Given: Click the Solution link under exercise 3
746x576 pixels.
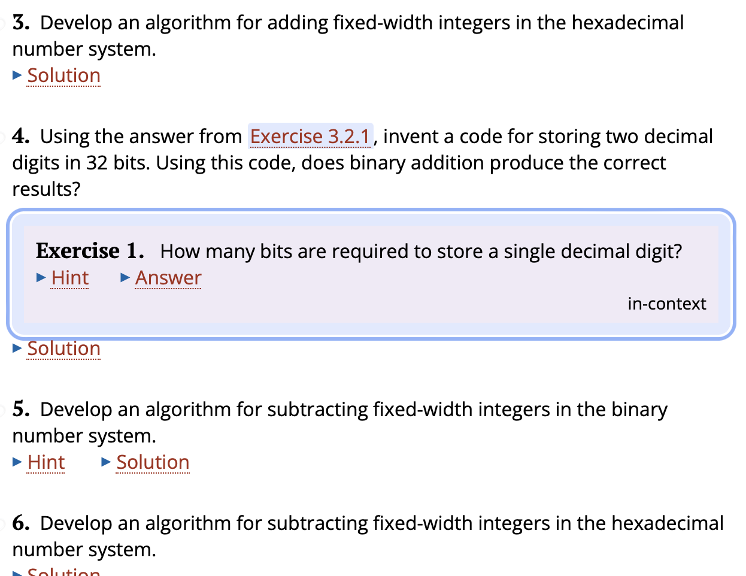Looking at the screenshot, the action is coord(63,76).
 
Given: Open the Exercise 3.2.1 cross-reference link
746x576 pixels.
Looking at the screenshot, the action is coord(310,137).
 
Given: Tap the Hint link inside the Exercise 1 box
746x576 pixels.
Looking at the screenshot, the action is coord(70,278).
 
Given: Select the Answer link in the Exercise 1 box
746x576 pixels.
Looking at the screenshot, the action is coord(168,278).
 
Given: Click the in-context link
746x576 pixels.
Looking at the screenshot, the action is coord(666,304).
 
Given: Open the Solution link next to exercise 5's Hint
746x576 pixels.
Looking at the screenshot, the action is coord(153,462).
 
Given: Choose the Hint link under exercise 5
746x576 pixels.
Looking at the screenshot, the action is coord(46,462).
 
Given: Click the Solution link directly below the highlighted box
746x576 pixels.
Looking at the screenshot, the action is coord(63,348).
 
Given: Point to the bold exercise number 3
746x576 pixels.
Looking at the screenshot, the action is coord(21,23).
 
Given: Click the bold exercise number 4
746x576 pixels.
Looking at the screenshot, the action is coord(21,137).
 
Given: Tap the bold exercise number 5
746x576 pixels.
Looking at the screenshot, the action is coord(21,410).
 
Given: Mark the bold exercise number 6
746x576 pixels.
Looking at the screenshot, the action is coord(21,523).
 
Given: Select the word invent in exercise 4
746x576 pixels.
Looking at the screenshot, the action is coord(410,137).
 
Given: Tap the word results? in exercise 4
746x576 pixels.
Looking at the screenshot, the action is coord(46,189).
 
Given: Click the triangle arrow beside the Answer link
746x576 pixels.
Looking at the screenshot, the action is coord(125,277).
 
